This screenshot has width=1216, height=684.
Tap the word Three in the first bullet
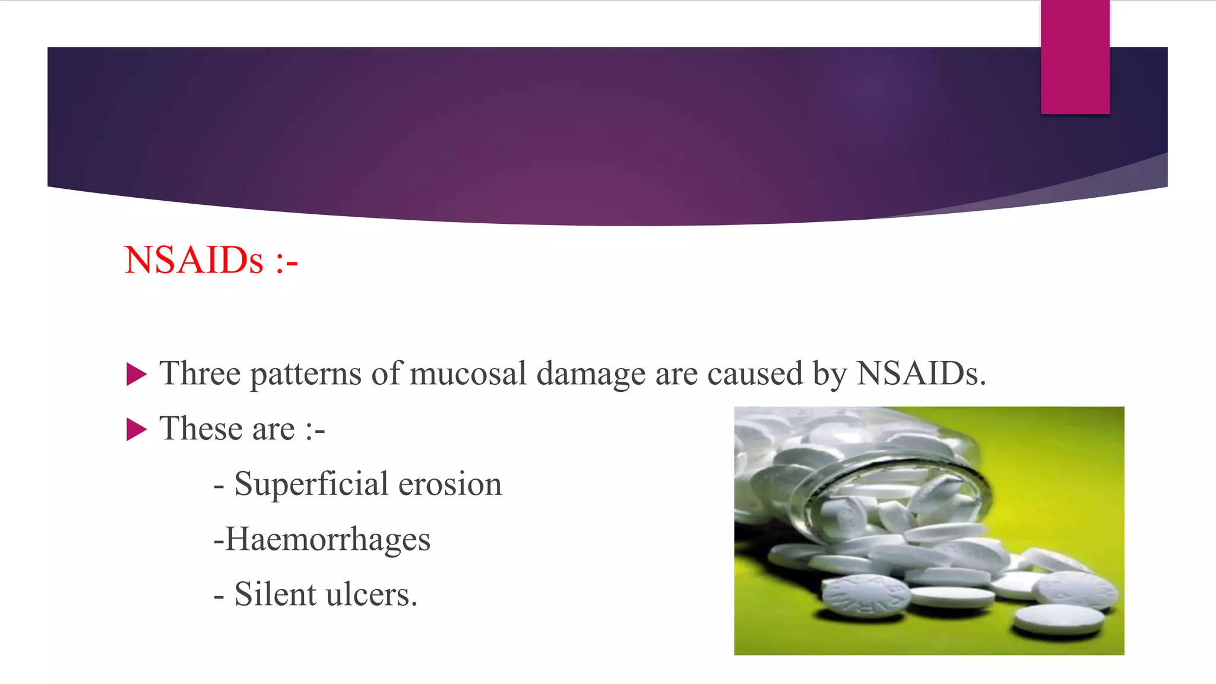point(200,373)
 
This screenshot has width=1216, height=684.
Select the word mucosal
point(468,373)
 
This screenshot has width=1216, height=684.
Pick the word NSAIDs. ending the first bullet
point(921,373)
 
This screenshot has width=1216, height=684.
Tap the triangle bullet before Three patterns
point(137,375)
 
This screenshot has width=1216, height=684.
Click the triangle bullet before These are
point(137,429)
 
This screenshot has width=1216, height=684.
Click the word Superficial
point(311,484)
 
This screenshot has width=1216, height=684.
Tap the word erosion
point(450,484)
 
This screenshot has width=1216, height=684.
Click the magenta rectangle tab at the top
point(1075,57)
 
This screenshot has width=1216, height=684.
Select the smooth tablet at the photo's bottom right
point(1058,619)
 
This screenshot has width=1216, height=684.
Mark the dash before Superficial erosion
point(218,486)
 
